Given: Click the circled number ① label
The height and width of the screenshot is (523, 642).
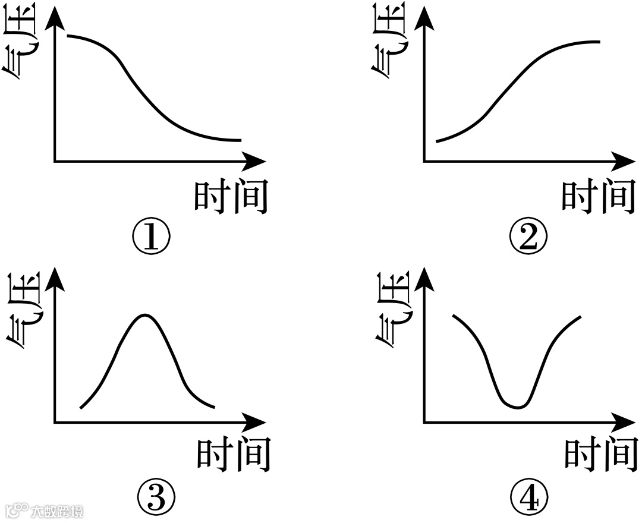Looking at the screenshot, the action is pyautogui.click(x=151, y=237).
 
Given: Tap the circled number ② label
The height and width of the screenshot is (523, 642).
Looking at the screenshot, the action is pyautogui.click(x=528, y=237).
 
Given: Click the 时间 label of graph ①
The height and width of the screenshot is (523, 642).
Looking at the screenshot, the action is pyautogui.click(x=231, y=196).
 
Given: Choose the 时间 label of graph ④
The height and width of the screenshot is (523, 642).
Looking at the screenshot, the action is pyautogui.click(x=600, y=455).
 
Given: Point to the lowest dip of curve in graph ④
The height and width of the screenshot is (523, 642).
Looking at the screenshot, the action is pyautogui.click(x=516, y=407).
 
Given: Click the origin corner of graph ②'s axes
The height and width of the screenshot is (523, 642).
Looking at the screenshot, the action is pyautogui.click(x=424, y=161).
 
